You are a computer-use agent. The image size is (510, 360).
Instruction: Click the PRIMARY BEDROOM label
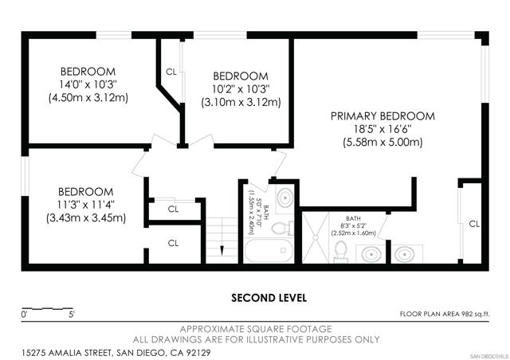click(x=382, y=116)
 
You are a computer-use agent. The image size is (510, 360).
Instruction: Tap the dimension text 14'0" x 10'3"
click(x=88, y=84)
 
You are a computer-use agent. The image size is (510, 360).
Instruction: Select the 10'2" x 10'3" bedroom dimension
click(x=241, y=88)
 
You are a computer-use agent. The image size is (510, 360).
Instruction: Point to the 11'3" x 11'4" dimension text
click(x=86, y=205)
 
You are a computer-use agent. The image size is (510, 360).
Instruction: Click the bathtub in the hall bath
click(x=269, y=250)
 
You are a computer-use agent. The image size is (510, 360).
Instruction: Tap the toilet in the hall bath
click(x=282, y=228)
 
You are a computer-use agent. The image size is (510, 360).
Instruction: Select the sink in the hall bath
click(x=284, y=197)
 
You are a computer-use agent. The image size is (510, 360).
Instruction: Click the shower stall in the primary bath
click(x=316, y=237)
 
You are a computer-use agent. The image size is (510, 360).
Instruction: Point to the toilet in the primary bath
click(x=341, y=252)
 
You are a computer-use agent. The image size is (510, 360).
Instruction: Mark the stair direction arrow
click(x=222, y=250)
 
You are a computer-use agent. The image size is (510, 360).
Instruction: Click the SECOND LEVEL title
click(x=269, y=298)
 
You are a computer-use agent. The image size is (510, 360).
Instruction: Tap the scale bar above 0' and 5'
click(x=48, y=308)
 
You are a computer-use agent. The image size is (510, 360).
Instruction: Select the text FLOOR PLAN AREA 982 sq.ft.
click(x=445, y=314)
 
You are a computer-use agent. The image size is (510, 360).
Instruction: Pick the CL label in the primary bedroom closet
click(x=474, y=224)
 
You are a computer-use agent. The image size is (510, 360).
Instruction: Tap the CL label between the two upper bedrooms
click(x=171, y=72)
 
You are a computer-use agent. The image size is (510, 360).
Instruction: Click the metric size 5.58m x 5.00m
click(x=382, y=142)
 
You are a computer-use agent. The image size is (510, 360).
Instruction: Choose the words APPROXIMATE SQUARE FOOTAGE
click(x=256, y=329)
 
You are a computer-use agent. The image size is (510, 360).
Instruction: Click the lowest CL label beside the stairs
click(x=174, y=243)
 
